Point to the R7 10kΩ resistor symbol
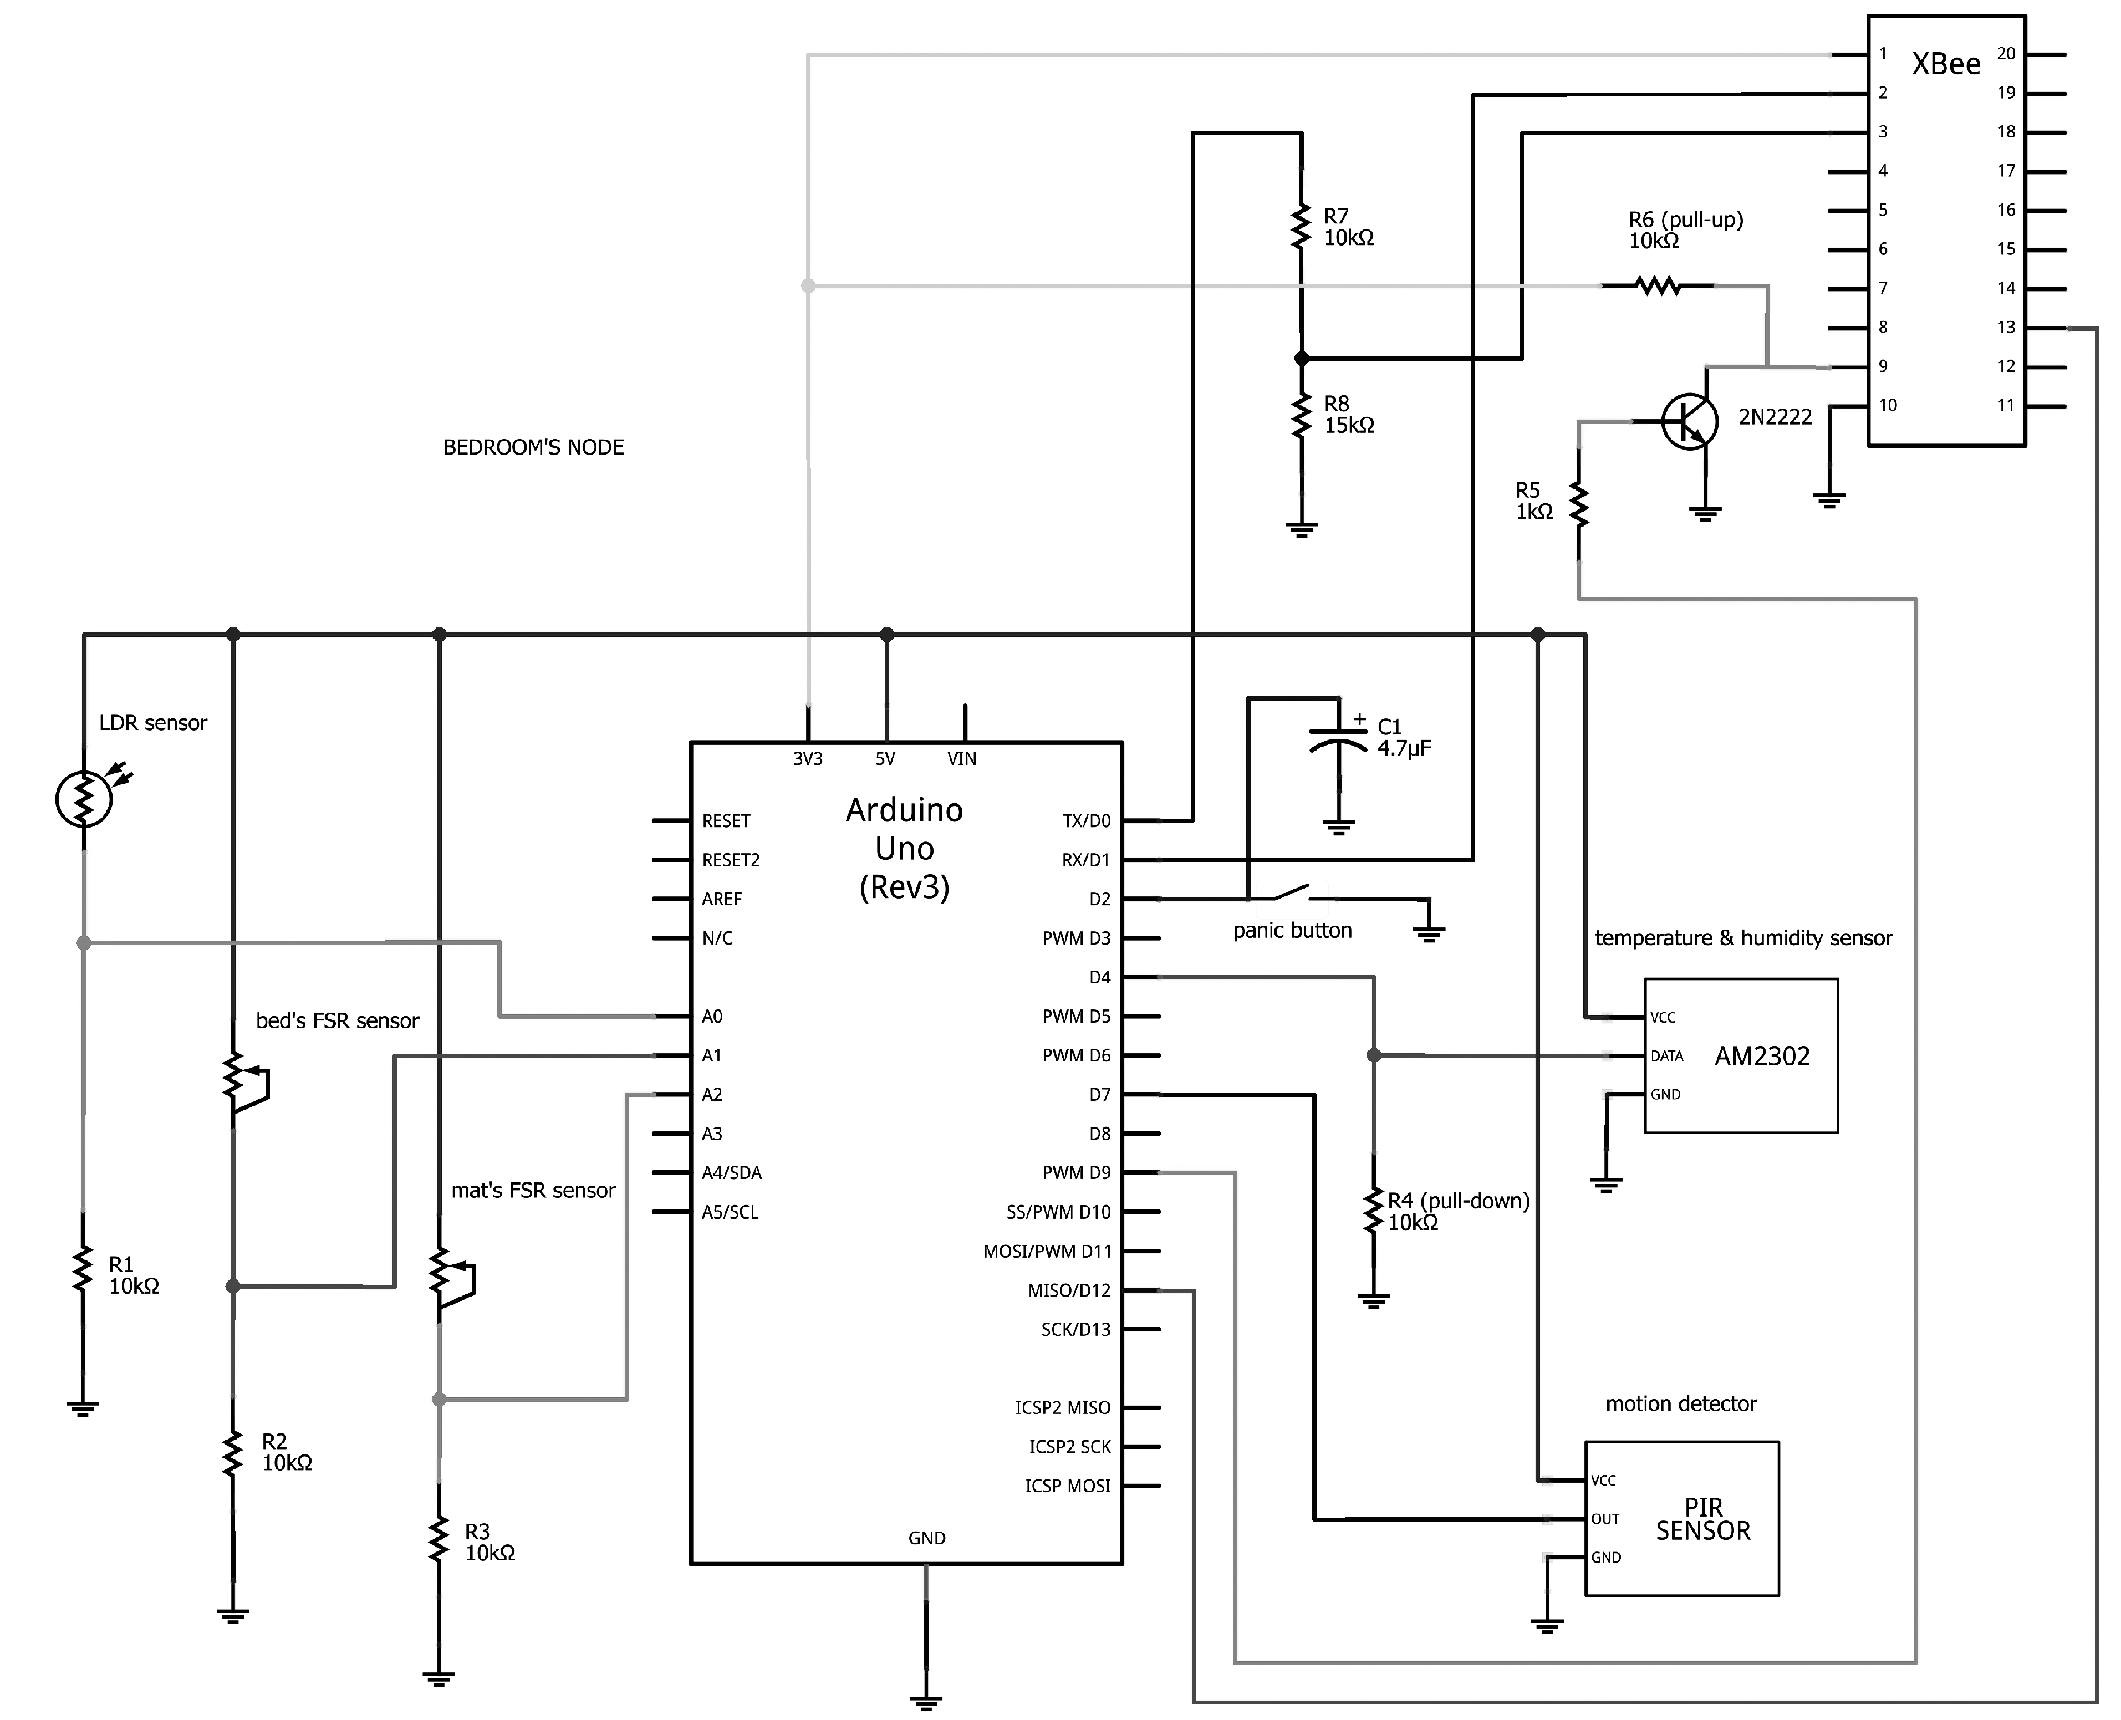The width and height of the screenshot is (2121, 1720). pos(1301,227)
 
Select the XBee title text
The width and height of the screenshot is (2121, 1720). pos(1945,64)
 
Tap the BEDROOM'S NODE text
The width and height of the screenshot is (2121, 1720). pos(533,448)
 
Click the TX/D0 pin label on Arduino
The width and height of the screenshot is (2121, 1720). pos(1086,821)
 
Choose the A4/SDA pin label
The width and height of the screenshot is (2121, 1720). pos(731,1173)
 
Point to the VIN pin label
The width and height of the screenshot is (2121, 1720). pos(961,759)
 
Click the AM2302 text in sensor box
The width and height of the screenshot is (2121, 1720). pos(1761,1056)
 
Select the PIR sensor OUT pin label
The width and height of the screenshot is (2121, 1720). pos(1605,1519)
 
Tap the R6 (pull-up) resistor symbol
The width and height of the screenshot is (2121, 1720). pos(1658,287)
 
